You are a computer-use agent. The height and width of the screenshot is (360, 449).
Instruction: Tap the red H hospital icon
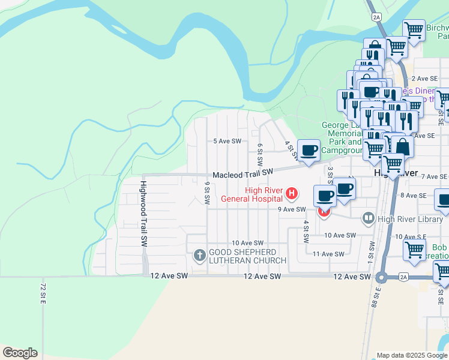292,193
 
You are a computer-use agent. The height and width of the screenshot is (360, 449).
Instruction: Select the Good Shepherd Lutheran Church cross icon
199,256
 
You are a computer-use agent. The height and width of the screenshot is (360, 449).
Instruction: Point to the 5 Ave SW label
228,142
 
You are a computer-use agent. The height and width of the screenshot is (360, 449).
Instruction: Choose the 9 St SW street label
206,193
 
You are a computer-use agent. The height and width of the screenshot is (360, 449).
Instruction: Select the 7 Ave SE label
435,176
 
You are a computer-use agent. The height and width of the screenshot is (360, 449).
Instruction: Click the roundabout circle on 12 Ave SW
380,277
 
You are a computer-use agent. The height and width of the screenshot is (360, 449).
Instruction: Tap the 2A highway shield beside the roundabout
403,277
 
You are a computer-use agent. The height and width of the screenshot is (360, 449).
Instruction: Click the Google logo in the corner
20,353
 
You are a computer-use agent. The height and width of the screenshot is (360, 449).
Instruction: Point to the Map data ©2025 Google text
412,355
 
